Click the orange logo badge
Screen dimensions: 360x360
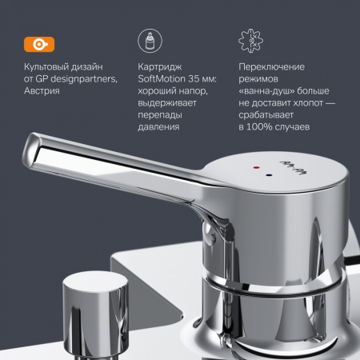click(39, 44)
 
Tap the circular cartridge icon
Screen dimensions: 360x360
click(150, 41)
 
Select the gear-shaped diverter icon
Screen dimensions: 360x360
click(250, 41)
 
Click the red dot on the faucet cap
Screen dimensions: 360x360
click(256, 168)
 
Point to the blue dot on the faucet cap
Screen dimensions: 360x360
click(269, 175)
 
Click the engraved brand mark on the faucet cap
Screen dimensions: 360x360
click(293, 168)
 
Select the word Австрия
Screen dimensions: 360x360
click(42, 91)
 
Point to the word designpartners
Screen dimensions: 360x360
click(84, 79)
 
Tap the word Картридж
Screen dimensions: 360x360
click(160, 67)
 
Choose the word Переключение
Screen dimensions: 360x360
click(271, 67)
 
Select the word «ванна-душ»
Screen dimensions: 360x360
click(266, 91)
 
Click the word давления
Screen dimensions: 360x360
click(158, 127)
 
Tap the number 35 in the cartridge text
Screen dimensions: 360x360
click(194, 79)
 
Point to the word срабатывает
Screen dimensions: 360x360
click(266, 115)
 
